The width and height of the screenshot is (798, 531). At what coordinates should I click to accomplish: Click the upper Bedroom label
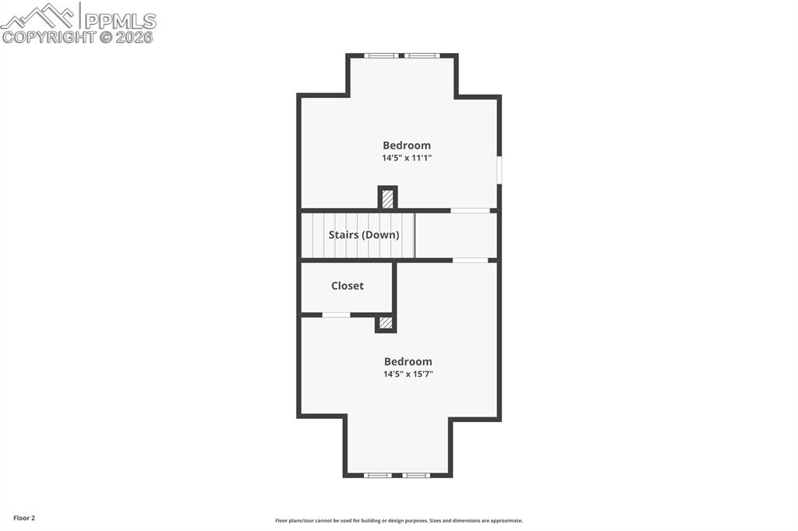406,146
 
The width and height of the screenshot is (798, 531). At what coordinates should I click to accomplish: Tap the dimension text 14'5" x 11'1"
406,158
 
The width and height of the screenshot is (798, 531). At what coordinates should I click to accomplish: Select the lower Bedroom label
408,362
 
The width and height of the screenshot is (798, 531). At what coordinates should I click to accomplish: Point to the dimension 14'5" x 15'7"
408,375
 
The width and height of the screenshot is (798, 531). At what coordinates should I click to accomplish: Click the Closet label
347,286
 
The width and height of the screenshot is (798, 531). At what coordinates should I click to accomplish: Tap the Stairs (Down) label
364,234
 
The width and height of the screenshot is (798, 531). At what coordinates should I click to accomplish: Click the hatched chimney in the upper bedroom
387,198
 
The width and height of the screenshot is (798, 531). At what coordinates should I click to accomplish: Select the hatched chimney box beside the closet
385,322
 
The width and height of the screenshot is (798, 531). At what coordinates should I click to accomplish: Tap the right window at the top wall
422,55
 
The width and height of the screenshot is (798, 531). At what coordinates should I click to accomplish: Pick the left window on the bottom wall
378,475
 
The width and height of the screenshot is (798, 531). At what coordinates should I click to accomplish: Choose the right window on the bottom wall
416,475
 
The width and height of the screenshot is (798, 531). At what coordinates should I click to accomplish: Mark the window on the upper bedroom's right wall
499,171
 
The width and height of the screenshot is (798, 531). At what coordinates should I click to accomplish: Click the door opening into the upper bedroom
471,210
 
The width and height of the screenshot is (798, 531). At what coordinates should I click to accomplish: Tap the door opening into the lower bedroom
471,260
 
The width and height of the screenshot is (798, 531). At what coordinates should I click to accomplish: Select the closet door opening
336,315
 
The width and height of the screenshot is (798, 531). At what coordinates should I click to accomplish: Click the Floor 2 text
23,518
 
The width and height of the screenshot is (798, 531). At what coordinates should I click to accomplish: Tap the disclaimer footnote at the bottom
398,521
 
